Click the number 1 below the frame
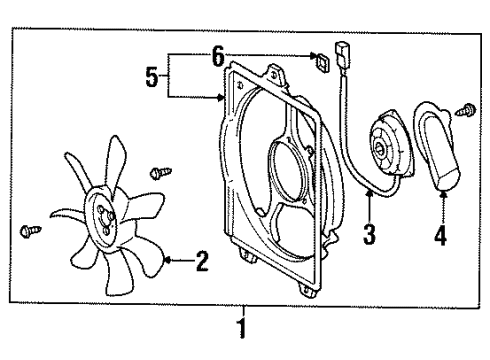point(239,327)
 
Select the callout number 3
point(368,235)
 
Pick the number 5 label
point(153,77)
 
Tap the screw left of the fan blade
point(29,232)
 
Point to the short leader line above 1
point(239,308)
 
